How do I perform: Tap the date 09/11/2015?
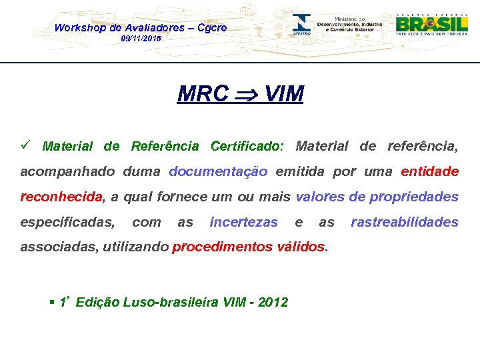(141, 39)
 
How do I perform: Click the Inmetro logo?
(302, 24)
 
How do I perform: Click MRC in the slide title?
(203, 95)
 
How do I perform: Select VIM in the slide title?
(283, 95)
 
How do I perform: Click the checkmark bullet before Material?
(26, 145)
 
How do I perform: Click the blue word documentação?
(218, 171)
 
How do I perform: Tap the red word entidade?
(429, 171)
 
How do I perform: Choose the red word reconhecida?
(62, 197)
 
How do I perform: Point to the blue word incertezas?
(243, 222)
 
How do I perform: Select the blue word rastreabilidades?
(405, 222)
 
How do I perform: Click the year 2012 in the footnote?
(273, 302)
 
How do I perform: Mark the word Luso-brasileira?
(161, 302)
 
